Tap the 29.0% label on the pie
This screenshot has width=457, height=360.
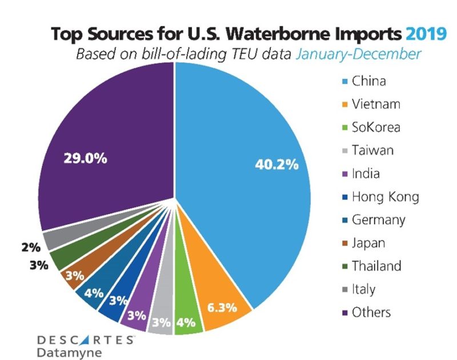pos(85,158)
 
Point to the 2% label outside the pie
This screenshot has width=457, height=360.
pos(31,247)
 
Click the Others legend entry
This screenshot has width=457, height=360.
pos(372,312)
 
